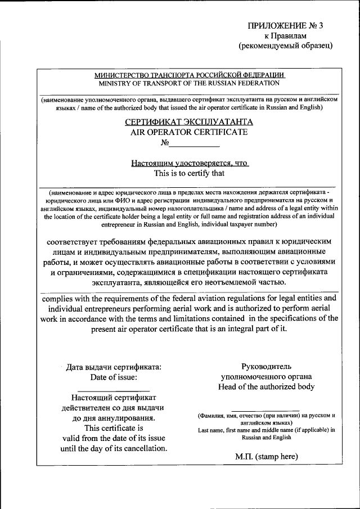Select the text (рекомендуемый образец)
[x=286, y=46]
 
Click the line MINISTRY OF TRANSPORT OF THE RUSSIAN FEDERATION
[x=189, y=83]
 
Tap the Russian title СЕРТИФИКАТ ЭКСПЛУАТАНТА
[x=189, y=121]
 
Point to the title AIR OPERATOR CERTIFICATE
[x=189, y=132]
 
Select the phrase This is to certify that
[x=189, y=173]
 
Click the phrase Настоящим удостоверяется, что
[x=189, y=163]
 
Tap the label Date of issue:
[x=113, y=377]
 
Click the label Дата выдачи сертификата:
[x=114, y=367]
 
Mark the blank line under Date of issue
[x=113, y=390]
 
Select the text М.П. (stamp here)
[x=266, y=457]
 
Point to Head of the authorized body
[x=267, y=387]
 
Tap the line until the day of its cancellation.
[x=114, y=449]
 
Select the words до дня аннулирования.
[x=114, y=418]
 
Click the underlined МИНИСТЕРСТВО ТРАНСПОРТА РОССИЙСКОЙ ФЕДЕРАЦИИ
[x=189, y=74]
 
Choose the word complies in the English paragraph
[x=60, y=298]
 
